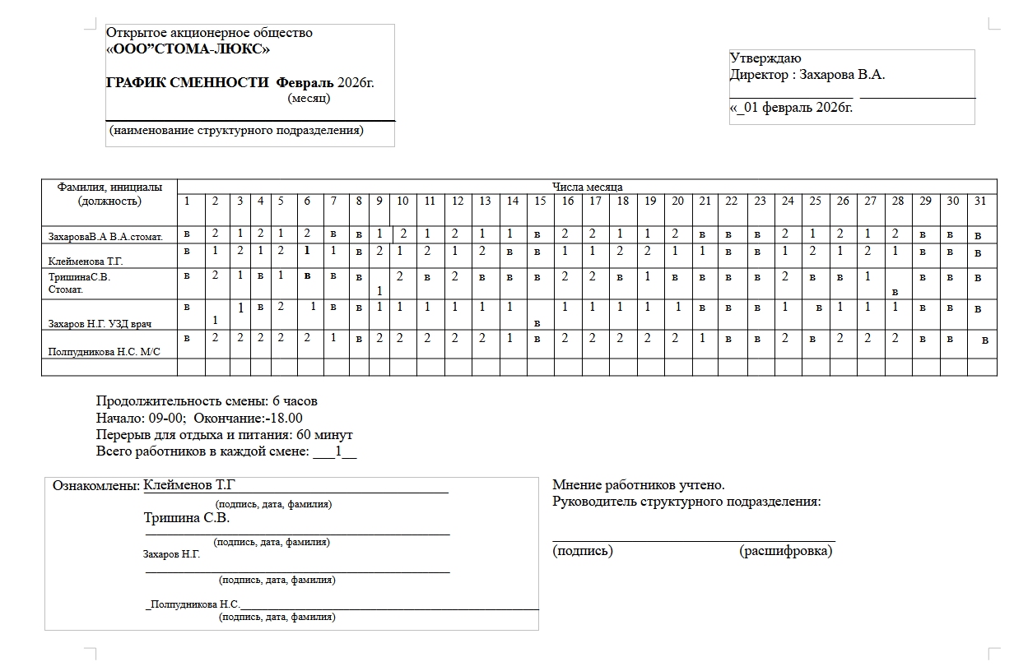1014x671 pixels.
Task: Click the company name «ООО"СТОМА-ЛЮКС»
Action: coord(188,49)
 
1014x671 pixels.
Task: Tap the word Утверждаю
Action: coord(765,58)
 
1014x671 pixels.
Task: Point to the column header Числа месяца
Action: coord(587,187)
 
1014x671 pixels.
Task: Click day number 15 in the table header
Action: coord(540,201)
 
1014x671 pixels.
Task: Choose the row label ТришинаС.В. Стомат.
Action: coord(78,283)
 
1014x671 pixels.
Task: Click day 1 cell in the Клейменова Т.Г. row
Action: coord(187,251)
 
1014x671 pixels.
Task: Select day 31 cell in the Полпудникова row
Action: coord(985,340)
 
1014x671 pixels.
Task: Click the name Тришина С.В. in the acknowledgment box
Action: coord(187,519)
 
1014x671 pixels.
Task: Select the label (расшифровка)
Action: coord(786,551)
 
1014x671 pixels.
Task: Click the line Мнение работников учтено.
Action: coord(639,486)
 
